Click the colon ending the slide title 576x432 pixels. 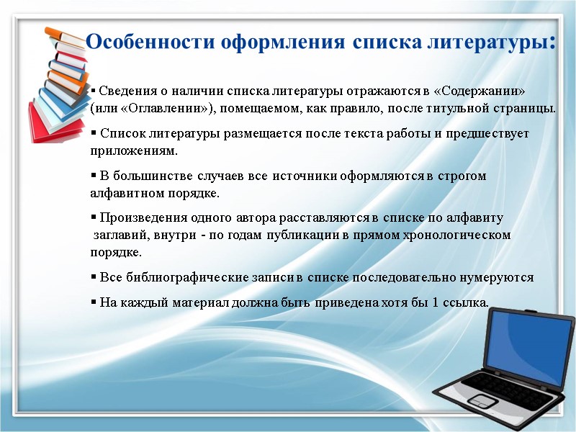[552, 40]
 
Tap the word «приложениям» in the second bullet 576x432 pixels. [132, 151]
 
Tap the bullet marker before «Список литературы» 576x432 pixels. [94, 134]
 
